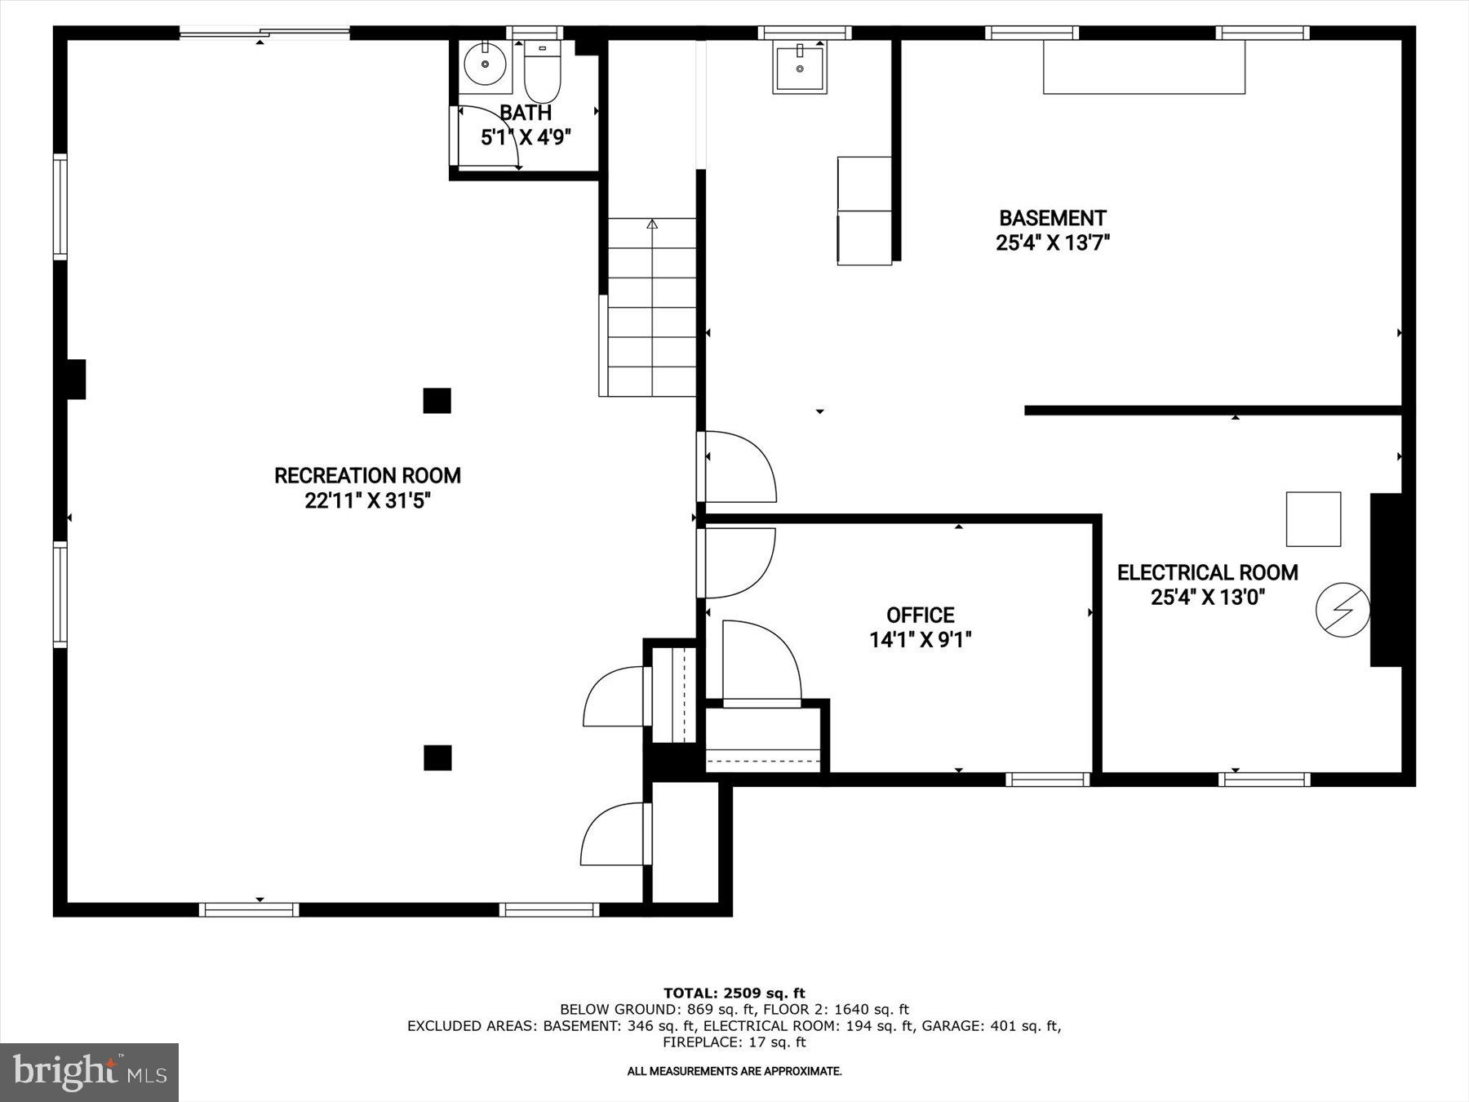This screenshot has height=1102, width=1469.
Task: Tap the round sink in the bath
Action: (486, 62)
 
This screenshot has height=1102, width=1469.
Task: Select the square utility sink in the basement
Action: (800, 67)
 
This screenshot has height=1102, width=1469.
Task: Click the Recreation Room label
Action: (367, 475)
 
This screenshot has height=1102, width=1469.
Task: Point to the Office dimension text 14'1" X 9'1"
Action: (920, 640)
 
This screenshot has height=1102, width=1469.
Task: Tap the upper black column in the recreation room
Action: (437, 401)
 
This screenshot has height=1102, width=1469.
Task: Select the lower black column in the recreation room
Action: (437, 758)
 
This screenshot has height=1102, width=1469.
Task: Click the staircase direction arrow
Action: (652, 224)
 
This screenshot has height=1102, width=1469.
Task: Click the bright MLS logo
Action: (89, 1072)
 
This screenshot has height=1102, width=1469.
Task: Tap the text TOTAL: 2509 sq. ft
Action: (734, 993)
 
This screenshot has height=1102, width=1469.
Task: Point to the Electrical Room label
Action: (1207, 572)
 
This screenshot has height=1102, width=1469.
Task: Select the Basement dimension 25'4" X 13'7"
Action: (1052, 242)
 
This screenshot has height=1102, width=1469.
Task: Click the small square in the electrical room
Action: (1313, 519)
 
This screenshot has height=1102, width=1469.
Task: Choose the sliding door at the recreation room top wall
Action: (264, 33)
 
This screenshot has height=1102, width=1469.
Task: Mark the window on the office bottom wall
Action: (1047, 780)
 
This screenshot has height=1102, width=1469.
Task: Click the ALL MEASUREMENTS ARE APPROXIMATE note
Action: (734, 1071)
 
